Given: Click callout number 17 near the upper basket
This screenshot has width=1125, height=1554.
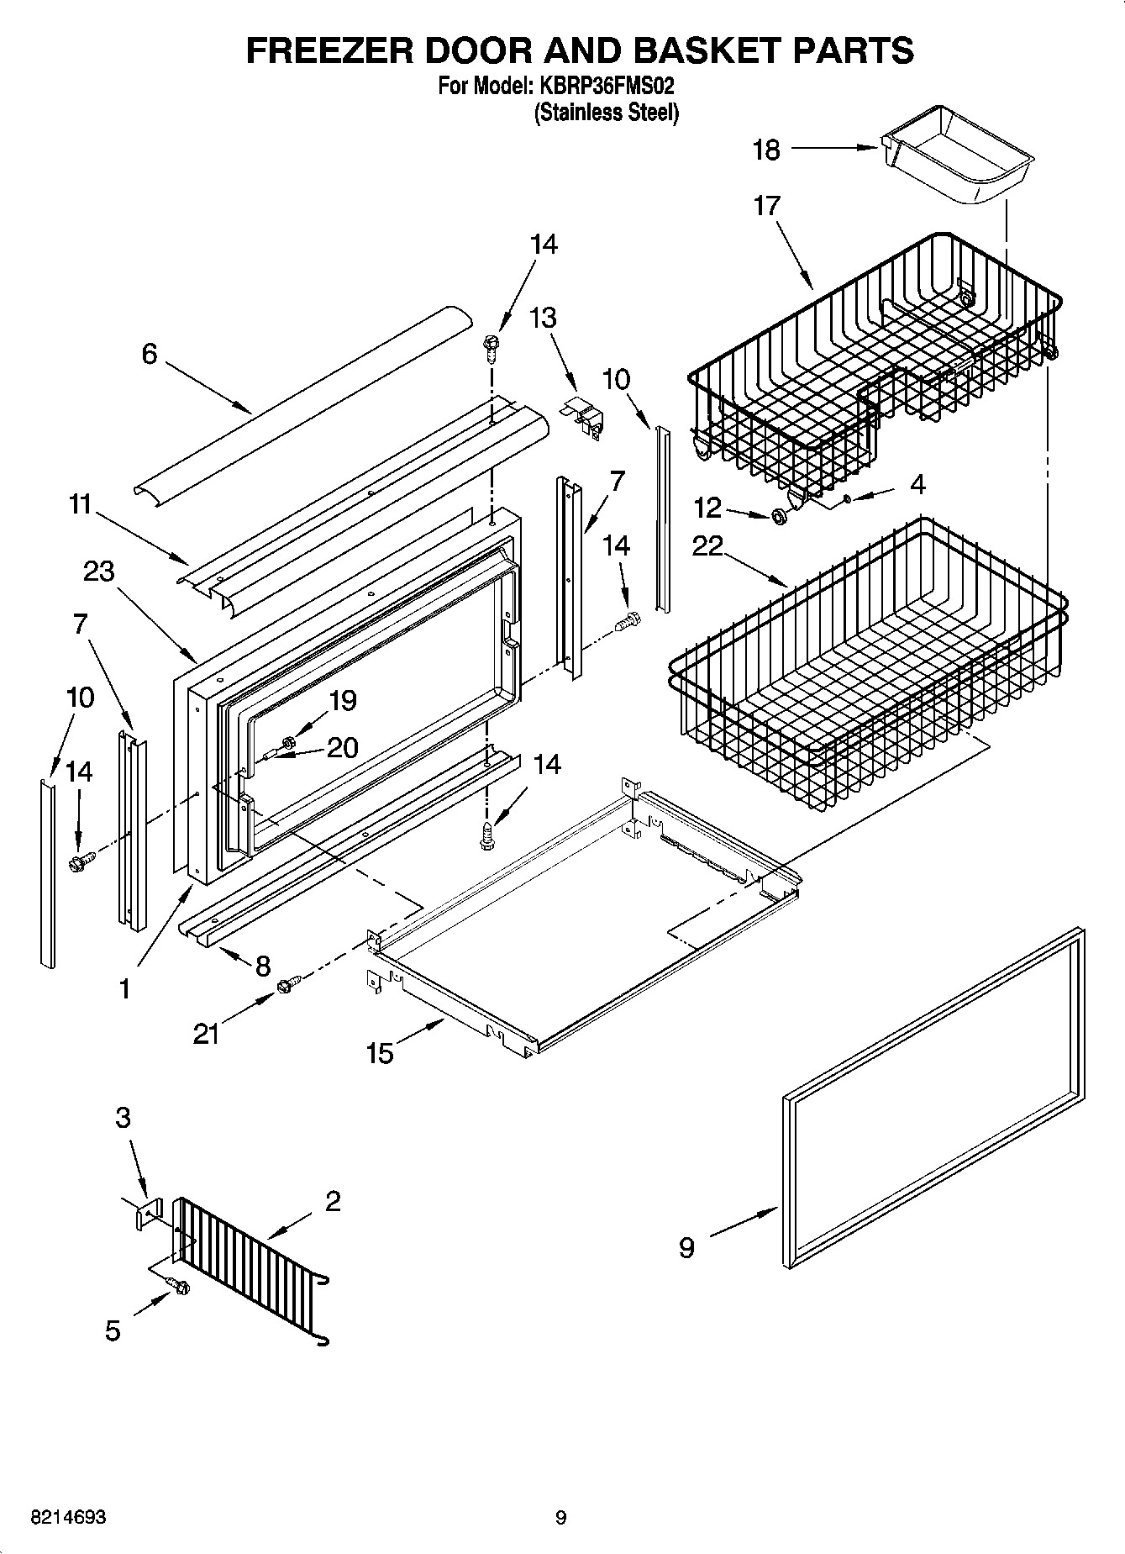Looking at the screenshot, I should point(766,205).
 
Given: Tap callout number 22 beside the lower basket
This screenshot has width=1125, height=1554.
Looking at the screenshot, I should point(707,546).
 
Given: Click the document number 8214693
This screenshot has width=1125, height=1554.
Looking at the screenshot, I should point(68,1518).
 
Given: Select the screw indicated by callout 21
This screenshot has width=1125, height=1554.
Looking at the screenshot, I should point(283,982).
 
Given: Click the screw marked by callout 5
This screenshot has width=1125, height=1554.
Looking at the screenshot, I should point(179,1285).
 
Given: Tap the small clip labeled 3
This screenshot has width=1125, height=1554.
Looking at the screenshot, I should point(148,1215).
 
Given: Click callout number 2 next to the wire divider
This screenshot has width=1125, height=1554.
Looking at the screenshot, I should point(333,1202).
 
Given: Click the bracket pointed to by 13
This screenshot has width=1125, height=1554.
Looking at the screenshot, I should point(584,414).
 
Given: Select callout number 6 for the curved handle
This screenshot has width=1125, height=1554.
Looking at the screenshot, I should point(149,354).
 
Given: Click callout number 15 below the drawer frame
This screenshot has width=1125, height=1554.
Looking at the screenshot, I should point(380,1053).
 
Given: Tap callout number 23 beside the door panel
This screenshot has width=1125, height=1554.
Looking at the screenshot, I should point(98,572).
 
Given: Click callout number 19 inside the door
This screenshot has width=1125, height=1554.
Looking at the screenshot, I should point(343,700).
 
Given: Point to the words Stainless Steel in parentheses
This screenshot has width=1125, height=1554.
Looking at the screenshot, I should point(606,112).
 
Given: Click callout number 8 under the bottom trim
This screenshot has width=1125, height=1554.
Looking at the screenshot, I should point(262,966).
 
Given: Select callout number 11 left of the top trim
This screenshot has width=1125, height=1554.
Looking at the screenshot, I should point(80,504).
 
